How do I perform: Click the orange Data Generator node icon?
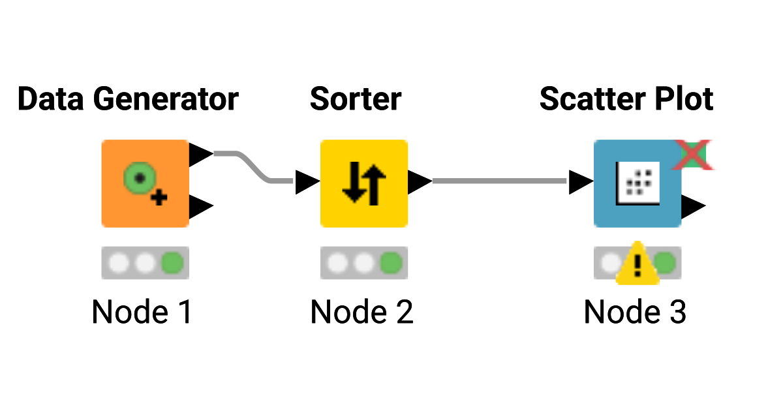(x=145, y=183)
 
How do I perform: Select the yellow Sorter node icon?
(x=363, y=183)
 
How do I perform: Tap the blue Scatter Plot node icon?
(x=637, y=183)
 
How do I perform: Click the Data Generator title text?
(x=128, y=99)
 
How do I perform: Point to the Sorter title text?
(x=356, y=99)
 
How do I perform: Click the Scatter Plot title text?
(x=626, y=99)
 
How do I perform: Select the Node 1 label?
(x=142, y=312)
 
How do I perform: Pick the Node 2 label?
(x=361, y=312)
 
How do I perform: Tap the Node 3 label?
(x=635, y=312)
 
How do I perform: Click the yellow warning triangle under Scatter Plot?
(x=637, y=264)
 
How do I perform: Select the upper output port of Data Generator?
(x=200, y=155)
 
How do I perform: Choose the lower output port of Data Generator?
(x=200, y=207)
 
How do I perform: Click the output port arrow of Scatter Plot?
(x=693, y=207)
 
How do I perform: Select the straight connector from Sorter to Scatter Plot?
(x=499, y=181)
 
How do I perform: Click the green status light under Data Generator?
(x=172, y=263)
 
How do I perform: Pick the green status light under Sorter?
(x=391, y=263)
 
